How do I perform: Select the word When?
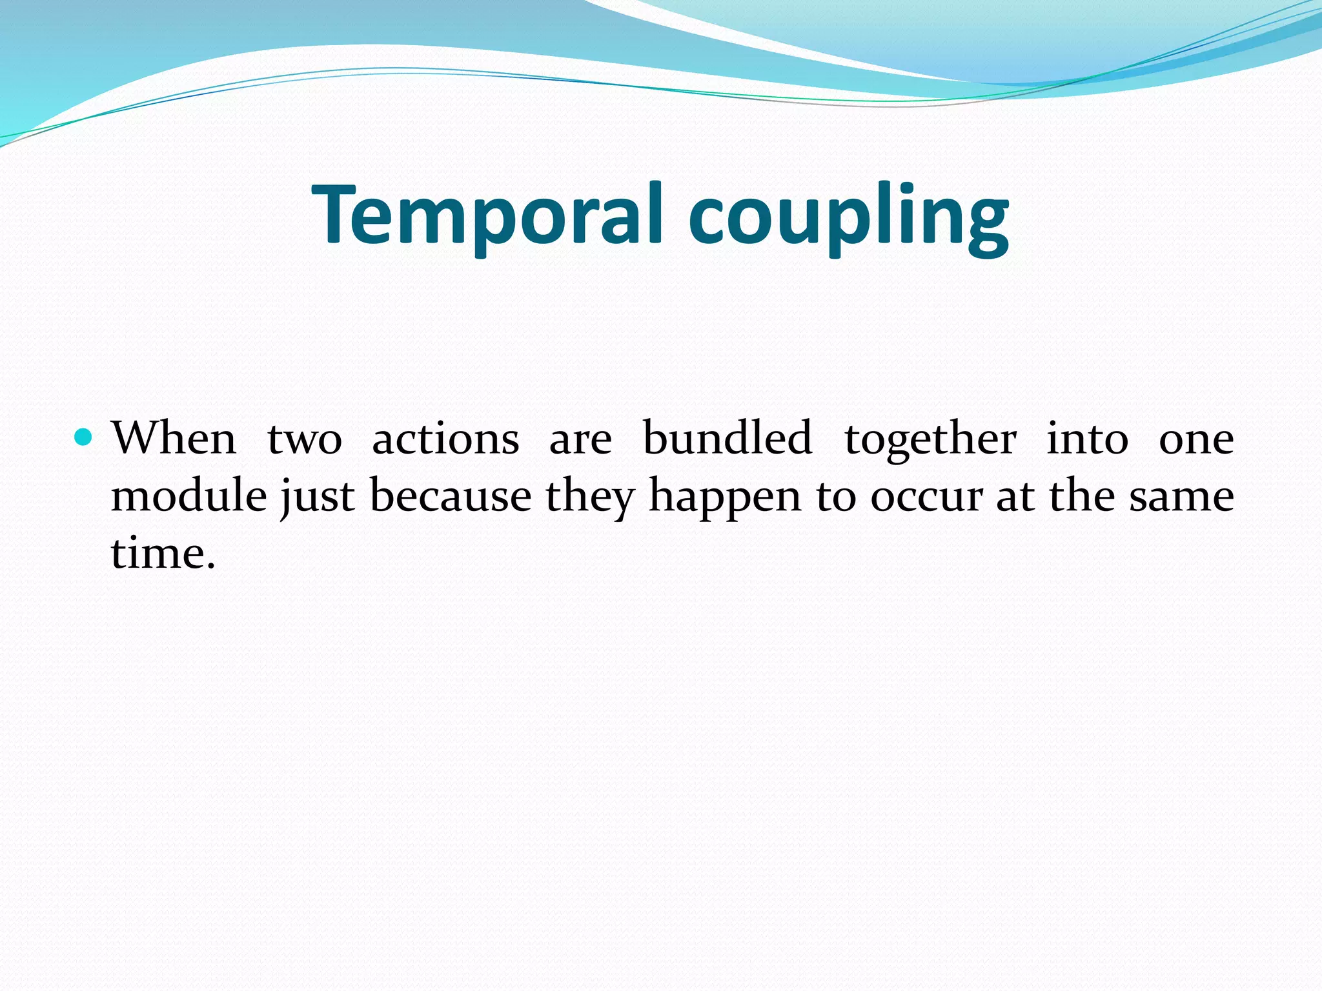[174, 439]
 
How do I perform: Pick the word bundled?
[727, 439]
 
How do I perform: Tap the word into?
[1087, 439]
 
